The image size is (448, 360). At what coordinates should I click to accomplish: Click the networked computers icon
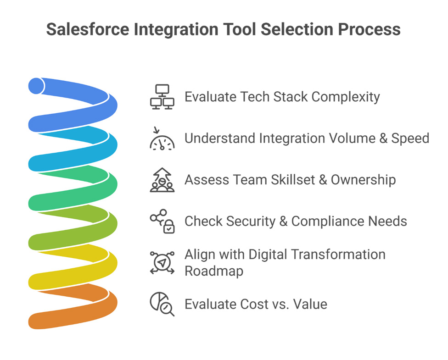click(x=162, y=97)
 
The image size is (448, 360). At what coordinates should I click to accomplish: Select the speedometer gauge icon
click(x=162, y=138)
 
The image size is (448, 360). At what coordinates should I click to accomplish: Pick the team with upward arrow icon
click(x=162, y=180)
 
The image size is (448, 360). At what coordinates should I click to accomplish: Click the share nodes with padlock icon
click(x=162, y=222)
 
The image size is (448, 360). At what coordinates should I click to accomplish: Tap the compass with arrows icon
click(x=162, y=262)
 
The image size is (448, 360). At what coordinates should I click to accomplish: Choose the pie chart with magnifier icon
click(x=162, y=304)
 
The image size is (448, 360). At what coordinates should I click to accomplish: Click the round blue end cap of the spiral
click(x=36, y=86)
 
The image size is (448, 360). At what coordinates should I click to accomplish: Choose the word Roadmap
click(x=213, y=271)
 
